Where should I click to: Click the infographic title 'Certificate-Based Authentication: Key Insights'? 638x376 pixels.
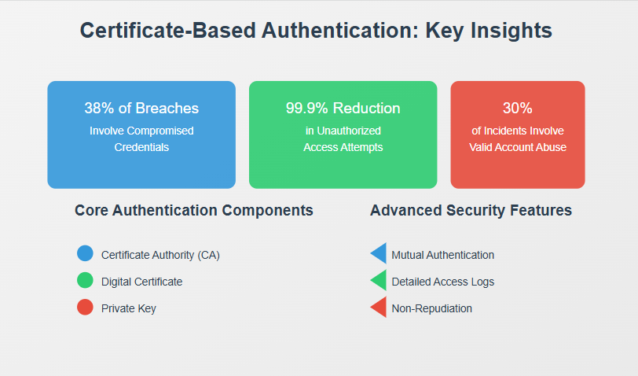click(316, 31)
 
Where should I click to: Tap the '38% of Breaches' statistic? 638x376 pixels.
click(141, 108)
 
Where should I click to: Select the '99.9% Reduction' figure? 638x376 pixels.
click(343, 108)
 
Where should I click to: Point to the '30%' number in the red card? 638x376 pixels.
click(518, 108)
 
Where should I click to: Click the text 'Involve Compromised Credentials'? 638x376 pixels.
click(141, 139)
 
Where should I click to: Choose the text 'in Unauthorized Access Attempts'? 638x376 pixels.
click(343, 139)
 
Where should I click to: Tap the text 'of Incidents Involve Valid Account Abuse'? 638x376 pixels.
click(518, 139)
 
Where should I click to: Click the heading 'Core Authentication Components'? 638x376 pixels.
click(193, 210)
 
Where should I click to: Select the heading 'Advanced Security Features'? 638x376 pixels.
click(471, 210)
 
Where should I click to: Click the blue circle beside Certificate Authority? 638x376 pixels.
click(85, 253)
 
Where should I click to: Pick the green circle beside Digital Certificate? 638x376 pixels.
click(85, 280)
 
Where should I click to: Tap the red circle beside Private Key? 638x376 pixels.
click(85, 307)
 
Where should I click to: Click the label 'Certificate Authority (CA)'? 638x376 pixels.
click(160, 255)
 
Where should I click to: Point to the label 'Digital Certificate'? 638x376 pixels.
click(141, 282)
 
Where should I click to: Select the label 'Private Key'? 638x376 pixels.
click(129, 309)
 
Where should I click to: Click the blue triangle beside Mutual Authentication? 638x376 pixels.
click(380, 253)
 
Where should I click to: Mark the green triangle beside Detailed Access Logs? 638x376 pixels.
click(380, 280)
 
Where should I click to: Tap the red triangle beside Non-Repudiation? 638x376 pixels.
click(380, 307)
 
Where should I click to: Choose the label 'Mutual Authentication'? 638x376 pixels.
click(442, 255)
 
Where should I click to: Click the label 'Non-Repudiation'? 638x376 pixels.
click(431, 309)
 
